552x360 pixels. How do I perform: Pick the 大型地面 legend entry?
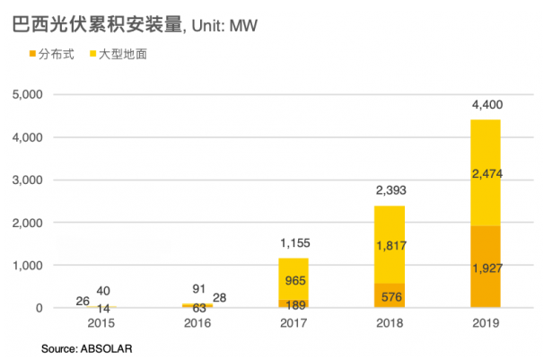pyautogui.click(x=118, y=55)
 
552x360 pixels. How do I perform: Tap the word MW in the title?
pyautogui.click(x=243, y=23)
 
